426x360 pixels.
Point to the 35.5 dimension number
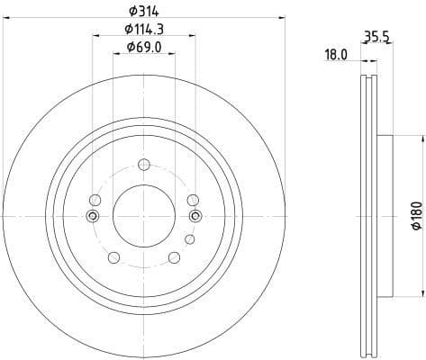(x=376, y=39)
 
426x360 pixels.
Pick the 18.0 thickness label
(x=336, y=55)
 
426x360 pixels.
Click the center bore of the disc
(x=143, y=213)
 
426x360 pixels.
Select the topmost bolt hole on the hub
(x=143, y=164)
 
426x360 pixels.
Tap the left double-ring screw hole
(x=91, y=215)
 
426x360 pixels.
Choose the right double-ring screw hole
(x=196, y=215)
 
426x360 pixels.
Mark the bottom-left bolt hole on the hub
(x=113, y=256)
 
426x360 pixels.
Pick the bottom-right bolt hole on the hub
(x=174, y=256)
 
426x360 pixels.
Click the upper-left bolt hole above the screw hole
(x=95, y=200)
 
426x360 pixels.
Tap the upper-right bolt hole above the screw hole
(x=192, y=200)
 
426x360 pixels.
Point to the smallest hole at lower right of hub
(x=188, y=239)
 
